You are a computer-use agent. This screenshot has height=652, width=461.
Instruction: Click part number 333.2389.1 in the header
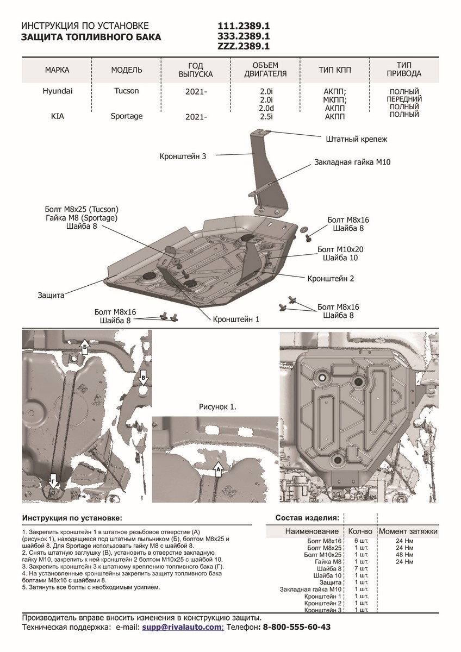point(244,36)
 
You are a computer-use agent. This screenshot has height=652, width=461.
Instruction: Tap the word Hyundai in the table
point(55,91)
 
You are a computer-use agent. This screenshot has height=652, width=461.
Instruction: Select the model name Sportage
point(126,116)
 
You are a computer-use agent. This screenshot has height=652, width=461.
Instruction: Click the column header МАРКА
point(57,70)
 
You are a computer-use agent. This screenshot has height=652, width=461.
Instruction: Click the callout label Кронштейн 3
point(183,156)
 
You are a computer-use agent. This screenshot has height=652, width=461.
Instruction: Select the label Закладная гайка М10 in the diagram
point(352,162)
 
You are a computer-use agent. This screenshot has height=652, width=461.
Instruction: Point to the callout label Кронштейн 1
point(236,319)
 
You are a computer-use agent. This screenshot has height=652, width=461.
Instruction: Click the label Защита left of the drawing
point(51,296)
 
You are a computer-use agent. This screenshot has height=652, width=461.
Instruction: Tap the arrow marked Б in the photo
point(84,348)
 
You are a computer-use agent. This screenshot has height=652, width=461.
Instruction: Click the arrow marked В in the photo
point(143,377)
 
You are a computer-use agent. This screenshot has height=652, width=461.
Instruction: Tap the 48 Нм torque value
point(405,555)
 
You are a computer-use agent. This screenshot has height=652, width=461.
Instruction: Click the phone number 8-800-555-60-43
point(297,627)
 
